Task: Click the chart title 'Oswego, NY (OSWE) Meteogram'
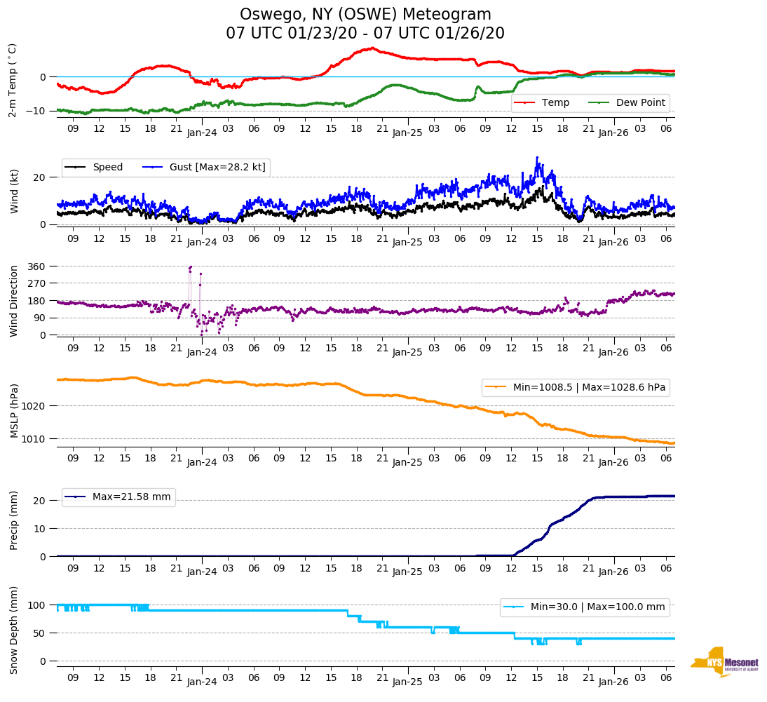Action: coord(365,15)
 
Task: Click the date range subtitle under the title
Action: coord(365,34)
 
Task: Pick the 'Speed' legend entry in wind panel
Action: coord(107,168)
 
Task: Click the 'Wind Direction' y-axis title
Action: coord(14,300)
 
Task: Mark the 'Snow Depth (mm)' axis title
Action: coord(14,629)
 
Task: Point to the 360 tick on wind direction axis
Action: coord(36,266)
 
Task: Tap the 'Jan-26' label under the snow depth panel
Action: coord(613,682)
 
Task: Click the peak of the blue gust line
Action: coord(537,158)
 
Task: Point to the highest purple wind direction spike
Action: coord(190,267)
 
